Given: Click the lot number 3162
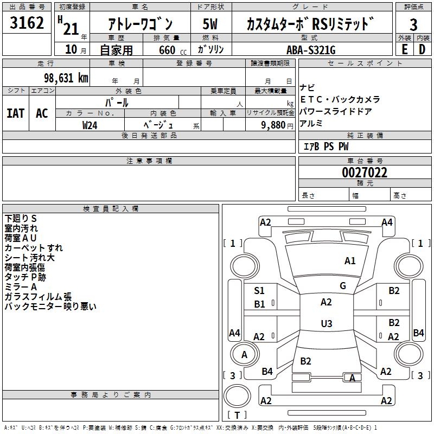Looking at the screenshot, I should (27, 24).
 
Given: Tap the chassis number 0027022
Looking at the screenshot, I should (364, 173).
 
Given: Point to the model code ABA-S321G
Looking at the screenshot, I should (311, 50).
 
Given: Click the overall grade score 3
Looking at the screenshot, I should (413, 25).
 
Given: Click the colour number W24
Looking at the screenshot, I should (90, 125).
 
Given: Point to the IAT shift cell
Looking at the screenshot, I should (15, 113).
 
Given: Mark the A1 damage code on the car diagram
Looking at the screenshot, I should (350, 261).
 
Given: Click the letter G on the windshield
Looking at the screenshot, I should (343, 285).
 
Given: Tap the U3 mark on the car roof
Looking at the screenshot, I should (326, 324).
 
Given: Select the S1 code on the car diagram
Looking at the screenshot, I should (259, 291).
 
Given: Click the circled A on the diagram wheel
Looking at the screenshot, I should (244, 354).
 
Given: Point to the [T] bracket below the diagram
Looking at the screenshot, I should (237, 416).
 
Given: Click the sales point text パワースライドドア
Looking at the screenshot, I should (336, 111).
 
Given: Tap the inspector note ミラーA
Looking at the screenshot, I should (21, 286).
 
